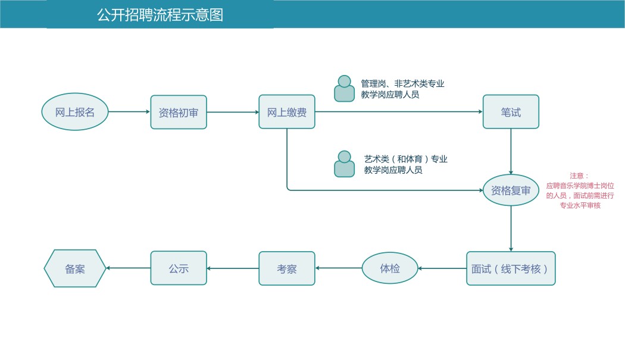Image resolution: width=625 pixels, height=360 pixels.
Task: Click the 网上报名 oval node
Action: click(75, 112)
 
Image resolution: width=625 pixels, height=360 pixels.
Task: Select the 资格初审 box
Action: click(179, 112)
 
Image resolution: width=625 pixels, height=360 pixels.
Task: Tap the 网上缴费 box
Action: click(286, 112)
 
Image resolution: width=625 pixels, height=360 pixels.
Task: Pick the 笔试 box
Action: click(511, 112)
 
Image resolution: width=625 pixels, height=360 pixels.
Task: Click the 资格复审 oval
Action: click(511, 190)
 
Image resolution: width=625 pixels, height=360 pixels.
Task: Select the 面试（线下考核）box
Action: click(511, 268)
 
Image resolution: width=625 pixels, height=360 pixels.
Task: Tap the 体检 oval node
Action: click(390, 268)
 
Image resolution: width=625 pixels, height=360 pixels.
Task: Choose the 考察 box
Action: click(286, 268)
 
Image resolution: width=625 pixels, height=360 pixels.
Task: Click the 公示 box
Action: click(179, 268)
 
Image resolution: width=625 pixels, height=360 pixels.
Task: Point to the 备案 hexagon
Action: click(75, 268)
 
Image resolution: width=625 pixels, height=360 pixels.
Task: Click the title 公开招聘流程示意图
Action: click(160, 15)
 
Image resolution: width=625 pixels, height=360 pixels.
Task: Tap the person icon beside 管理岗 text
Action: click(344, 89)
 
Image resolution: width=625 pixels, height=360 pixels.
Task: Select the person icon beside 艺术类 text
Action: click(344, 164)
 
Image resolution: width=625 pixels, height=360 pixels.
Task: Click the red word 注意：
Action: click(579, 176)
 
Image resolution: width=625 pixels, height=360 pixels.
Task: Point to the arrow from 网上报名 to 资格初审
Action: click(129, 112)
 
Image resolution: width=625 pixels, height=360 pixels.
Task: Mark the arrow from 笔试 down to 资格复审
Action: click(511, 151)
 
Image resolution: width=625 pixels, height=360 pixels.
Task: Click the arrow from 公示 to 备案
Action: click(128, 268)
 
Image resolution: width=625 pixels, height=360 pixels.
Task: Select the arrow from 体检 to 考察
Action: click(338, 268)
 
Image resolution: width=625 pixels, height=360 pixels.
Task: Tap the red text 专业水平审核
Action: click(580, 205)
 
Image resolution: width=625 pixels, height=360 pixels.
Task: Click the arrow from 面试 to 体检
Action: click(442, 268)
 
